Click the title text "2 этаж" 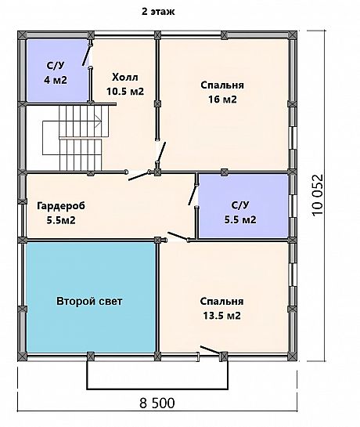(158, 12)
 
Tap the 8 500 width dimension (157, 403)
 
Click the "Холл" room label (125, 78)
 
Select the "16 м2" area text (222, 100)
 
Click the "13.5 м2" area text (221, 316)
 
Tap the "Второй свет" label (89, 301)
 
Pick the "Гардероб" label (61, 206)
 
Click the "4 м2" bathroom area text (56, 80)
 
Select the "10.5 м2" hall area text (125, 91)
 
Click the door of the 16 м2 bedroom (160, 153)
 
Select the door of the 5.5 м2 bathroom (193, 195)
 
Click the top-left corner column (22, 35)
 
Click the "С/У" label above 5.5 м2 (240, 205)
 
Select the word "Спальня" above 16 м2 (222, 85)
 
